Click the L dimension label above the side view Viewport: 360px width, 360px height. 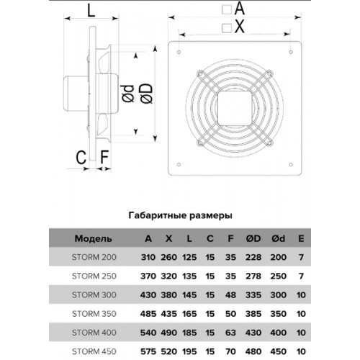point(91,10)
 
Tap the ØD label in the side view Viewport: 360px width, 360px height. point(145,94)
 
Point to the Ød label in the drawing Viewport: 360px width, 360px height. point(128,94)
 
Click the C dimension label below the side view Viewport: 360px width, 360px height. point(81,157)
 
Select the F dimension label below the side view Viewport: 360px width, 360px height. point(104,157)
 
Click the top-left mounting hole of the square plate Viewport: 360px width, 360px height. point(179,52)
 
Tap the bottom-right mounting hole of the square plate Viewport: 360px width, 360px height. point(291,165)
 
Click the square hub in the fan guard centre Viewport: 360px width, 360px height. point(235,108)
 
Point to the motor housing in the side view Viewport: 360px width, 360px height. point(76,93)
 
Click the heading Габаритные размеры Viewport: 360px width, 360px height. point(180,215)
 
